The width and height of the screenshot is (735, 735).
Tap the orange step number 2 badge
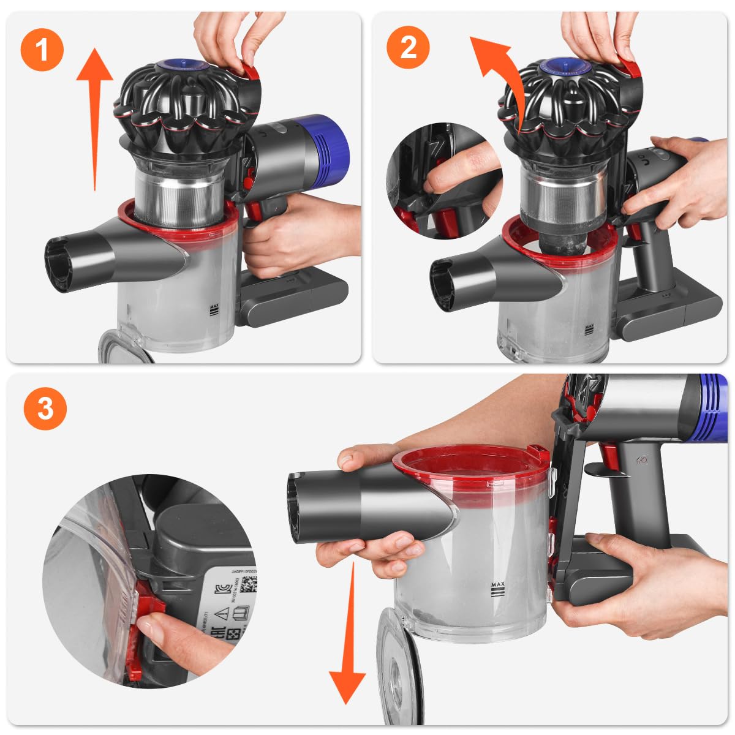pos(409,47)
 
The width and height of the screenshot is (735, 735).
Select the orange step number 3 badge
pos(45,408)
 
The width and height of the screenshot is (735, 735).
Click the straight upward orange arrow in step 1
pos(95,116)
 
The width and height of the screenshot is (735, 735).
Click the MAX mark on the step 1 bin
pos(214,309)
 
